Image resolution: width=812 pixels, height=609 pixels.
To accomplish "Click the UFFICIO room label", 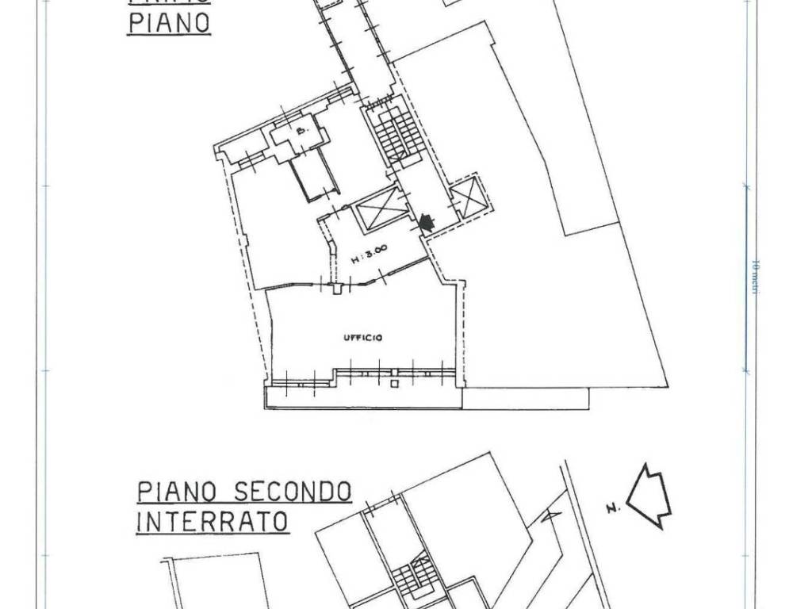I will [x=364, y=338].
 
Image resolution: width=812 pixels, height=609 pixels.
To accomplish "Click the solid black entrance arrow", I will [x=427, y=224].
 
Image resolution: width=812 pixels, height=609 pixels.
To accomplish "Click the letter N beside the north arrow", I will [x=611, y=508].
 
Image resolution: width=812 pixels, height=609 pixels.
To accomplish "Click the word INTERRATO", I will [x=212, y=523].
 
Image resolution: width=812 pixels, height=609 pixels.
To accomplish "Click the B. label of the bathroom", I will [x=301, y=132].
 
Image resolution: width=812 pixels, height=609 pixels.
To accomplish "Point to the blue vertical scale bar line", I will [x=745, y=278].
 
